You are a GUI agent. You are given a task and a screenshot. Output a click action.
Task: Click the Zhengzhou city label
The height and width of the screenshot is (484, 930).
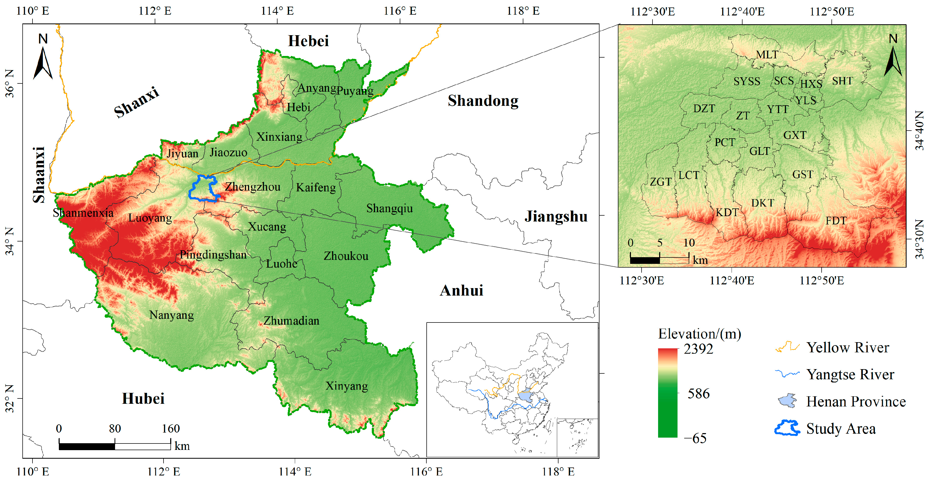pyautogui.click(x=252, y=187)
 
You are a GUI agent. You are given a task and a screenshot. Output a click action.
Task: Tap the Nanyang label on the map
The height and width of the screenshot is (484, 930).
pyautogui.click(x=172, y=315)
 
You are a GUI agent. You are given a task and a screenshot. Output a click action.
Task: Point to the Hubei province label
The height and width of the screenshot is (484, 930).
pyautogui.click(x=143, y=399)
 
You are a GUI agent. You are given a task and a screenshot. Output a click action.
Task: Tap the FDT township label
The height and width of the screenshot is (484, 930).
pyautogui.click(x=836, y=220)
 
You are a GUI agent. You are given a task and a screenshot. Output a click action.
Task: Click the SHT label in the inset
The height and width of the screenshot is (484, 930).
pyautogui.click(x=842, y=81)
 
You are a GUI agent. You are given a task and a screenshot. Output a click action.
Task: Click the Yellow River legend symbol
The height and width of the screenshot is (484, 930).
pyautogui.click(x=787, y=347)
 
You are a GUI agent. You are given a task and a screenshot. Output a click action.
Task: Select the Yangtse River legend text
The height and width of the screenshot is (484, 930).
pyautogui.click(x=850, y=374)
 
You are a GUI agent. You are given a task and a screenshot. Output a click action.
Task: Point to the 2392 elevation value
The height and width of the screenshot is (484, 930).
pyautogui.click(x=698, y=349)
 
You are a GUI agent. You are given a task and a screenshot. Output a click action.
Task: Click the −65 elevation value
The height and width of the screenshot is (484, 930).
pyautogui.click(x=695, y=438)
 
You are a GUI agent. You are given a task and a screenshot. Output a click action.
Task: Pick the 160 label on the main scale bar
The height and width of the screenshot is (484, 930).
pyautogui.click(x=170, y=429)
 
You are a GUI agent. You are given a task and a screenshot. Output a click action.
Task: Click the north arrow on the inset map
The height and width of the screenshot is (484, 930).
pyautogui.click(x=892, y=58)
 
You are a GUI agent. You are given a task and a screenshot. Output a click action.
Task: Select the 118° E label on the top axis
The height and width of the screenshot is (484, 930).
pyautogui.click(x=523, y=11)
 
